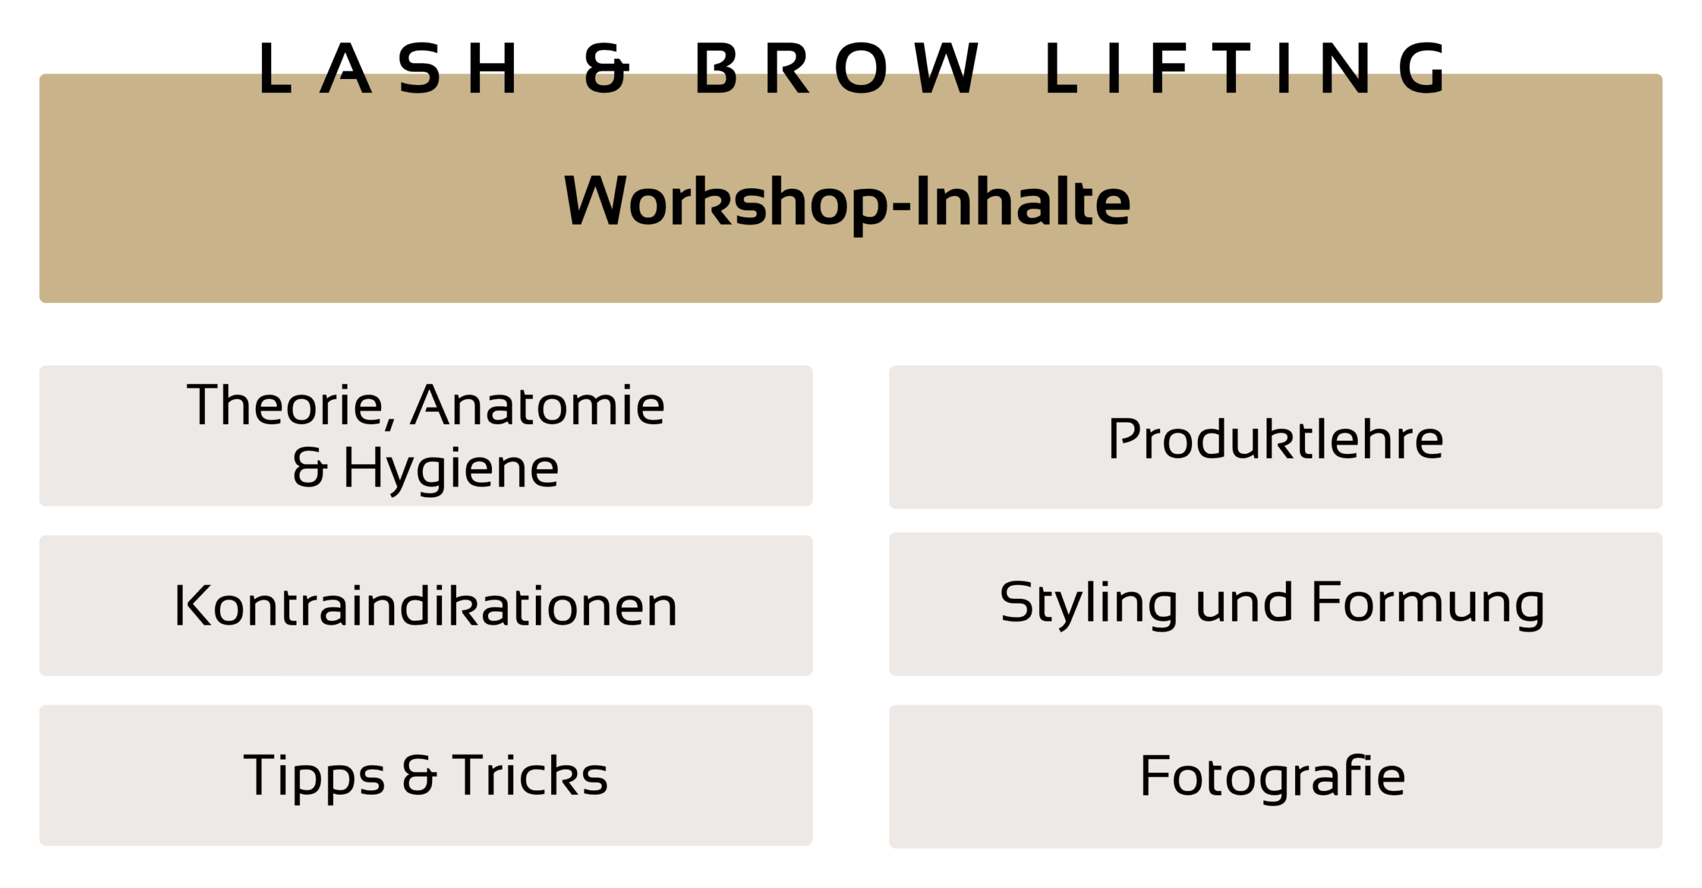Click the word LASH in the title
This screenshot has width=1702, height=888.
pos(389,68)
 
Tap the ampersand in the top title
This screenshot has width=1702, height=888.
pos(606,68)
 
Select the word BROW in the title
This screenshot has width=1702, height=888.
pos(837,68)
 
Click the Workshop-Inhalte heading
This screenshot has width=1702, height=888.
pos(847,202)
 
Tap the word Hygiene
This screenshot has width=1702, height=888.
pos(451,469)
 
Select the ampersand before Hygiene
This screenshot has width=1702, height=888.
pos(309,466)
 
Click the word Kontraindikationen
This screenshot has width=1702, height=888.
pos(425,606)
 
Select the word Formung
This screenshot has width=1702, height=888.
pos(1428,604)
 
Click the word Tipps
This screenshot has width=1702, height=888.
pos(314,776)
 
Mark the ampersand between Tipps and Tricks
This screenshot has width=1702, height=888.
pos(420,774)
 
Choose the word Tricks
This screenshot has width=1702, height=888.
pos(530,774)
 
